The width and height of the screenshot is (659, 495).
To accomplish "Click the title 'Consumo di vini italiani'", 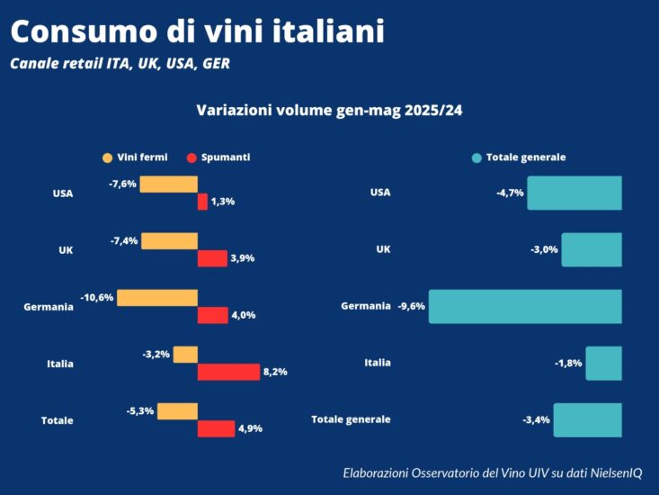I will coord(198,31).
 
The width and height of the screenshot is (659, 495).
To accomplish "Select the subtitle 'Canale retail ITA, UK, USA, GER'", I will coord(125,64).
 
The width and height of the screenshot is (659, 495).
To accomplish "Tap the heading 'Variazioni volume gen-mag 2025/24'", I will coord(329,110).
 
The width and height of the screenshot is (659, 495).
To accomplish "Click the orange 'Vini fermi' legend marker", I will coord(108,157).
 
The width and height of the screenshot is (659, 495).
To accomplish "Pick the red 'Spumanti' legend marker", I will coord(191,157).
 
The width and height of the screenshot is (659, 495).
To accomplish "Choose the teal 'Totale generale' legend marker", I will coord(476,157).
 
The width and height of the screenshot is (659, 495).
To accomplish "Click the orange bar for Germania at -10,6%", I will coord(157,298).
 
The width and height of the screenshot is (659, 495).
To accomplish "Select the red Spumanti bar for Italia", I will coord(228,372).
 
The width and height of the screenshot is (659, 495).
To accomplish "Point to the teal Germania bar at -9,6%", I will coord(525,306).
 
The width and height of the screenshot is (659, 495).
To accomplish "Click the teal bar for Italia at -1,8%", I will coord(603,363).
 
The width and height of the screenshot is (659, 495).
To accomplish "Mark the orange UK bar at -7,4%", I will coord(169,241).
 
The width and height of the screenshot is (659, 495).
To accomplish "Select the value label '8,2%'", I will coord(275,372).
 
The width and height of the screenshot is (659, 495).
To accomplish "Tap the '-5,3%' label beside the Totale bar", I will coord(140,411).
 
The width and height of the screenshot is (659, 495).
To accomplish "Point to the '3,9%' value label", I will coord(243,258).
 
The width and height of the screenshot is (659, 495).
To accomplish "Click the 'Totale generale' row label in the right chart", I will coord(351,419).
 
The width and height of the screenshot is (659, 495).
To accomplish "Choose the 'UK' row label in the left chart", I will coord(66,250).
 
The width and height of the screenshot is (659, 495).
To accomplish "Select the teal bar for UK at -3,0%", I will coord(592,249).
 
